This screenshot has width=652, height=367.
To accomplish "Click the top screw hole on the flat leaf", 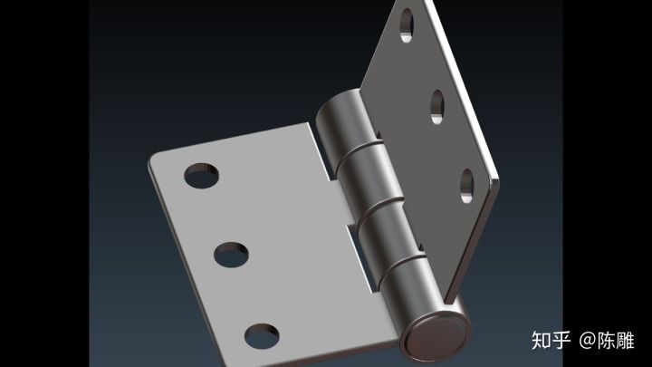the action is pos(202,176).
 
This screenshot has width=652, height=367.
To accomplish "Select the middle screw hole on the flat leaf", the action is pos(232,255).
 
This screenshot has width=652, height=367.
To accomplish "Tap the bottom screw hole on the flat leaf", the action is pos(262,336).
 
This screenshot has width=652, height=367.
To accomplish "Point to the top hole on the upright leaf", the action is pos(407,25).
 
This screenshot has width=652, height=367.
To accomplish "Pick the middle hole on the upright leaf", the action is pos(437,107).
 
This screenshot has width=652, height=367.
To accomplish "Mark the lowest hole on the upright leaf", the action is pos(467,186).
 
